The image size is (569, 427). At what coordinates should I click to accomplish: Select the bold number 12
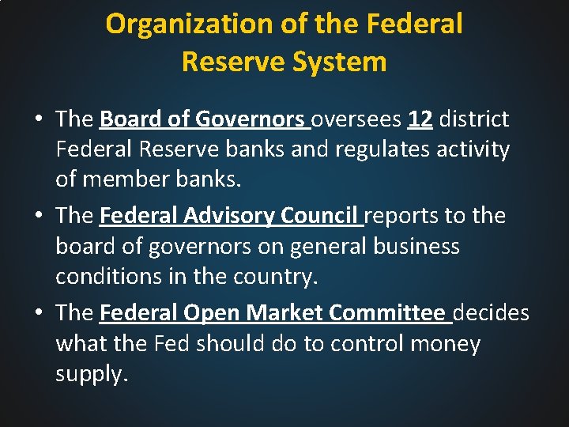[x=420, y=119]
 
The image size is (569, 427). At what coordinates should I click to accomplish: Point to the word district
[x=474, y=119]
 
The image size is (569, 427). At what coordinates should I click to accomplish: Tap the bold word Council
[x=322, y=216]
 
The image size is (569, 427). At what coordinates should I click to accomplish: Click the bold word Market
[x=284, y=313]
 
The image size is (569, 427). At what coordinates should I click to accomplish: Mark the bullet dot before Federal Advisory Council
[x=38, y=216]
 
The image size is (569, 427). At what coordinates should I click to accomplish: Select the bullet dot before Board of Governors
[x=38, y=119]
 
